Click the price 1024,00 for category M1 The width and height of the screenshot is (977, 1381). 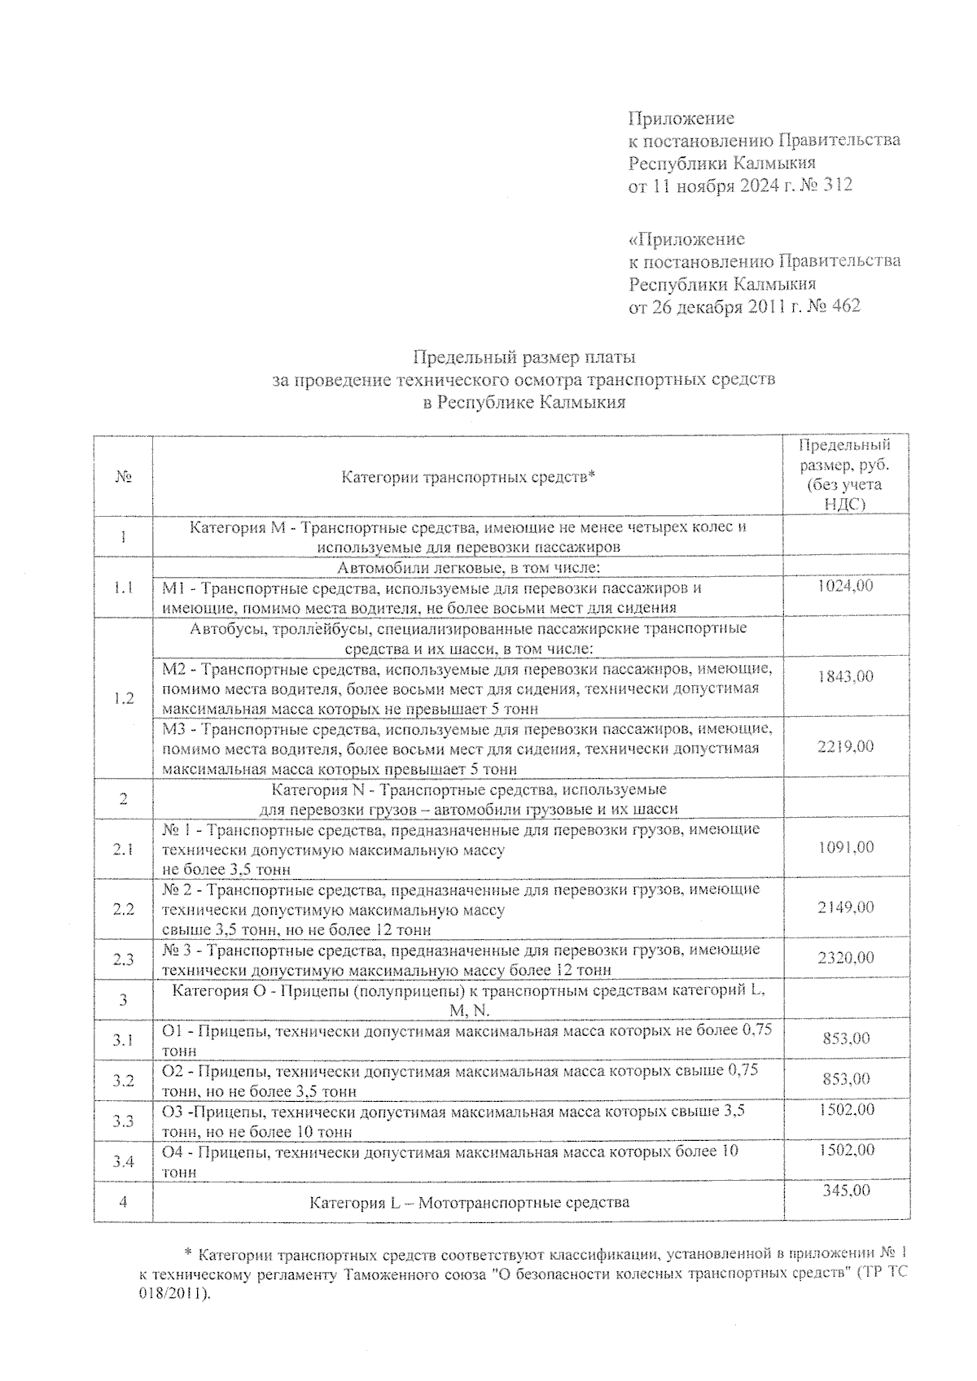(846, 585)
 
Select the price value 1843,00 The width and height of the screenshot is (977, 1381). (846, 676)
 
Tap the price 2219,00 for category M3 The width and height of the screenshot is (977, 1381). (846, 746)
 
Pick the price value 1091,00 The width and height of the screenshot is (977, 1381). (846, 847)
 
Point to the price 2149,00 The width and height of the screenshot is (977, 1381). (846, 907)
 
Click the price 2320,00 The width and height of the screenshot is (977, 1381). (846, 958)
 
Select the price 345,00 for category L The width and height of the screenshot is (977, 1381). (846, 1191)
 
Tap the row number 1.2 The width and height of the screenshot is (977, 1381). (124, 698)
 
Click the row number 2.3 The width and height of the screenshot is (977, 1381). (124, 959)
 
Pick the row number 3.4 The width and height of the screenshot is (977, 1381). (124, 1161)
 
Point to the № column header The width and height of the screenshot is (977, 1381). (124, 477)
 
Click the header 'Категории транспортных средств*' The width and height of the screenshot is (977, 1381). (468, 477)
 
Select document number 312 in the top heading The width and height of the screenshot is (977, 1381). (838, 185)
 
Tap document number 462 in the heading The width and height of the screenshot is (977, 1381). (844, 306)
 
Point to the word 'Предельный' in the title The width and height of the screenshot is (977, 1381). (466, 357)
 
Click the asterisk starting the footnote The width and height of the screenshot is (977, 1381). (188, 1254)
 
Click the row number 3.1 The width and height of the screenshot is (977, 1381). (124, 1040)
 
